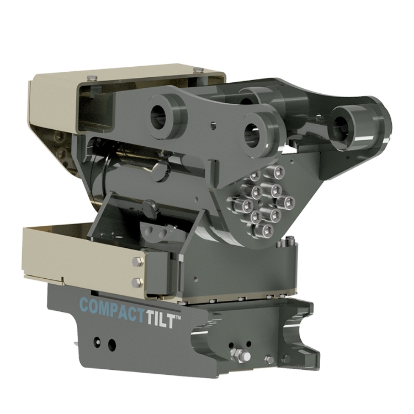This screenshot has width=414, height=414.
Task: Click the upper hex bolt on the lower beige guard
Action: click(x=138, y=262)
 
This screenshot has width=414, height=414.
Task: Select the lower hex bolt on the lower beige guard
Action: click(x=137, y=282)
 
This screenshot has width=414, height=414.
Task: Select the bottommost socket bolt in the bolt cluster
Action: click(x=267, y=229)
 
